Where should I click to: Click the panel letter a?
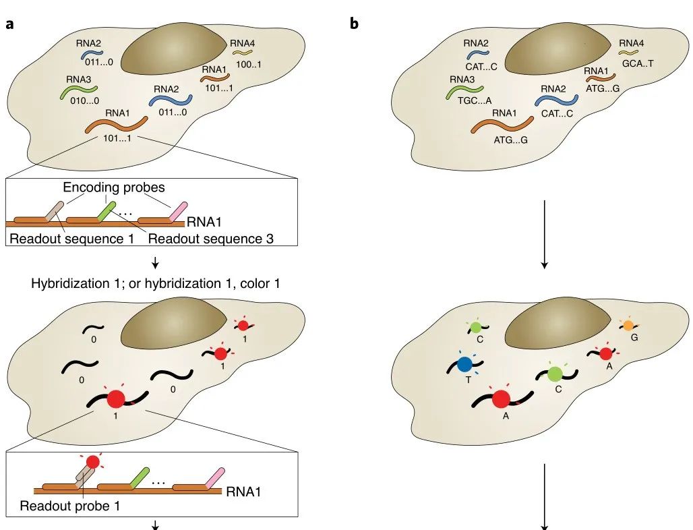pos(10,24)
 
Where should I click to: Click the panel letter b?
pos(355,24)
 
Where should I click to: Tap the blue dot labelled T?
pos(464,365)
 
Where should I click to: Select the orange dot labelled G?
pos(628,325)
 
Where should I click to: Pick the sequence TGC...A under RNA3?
pos(465,100)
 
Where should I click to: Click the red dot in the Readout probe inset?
pos(93,462)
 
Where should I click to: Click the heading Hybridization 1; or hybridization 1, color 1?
pos(155,283)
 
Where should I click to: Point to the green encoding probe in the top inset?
pos(105,211)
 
